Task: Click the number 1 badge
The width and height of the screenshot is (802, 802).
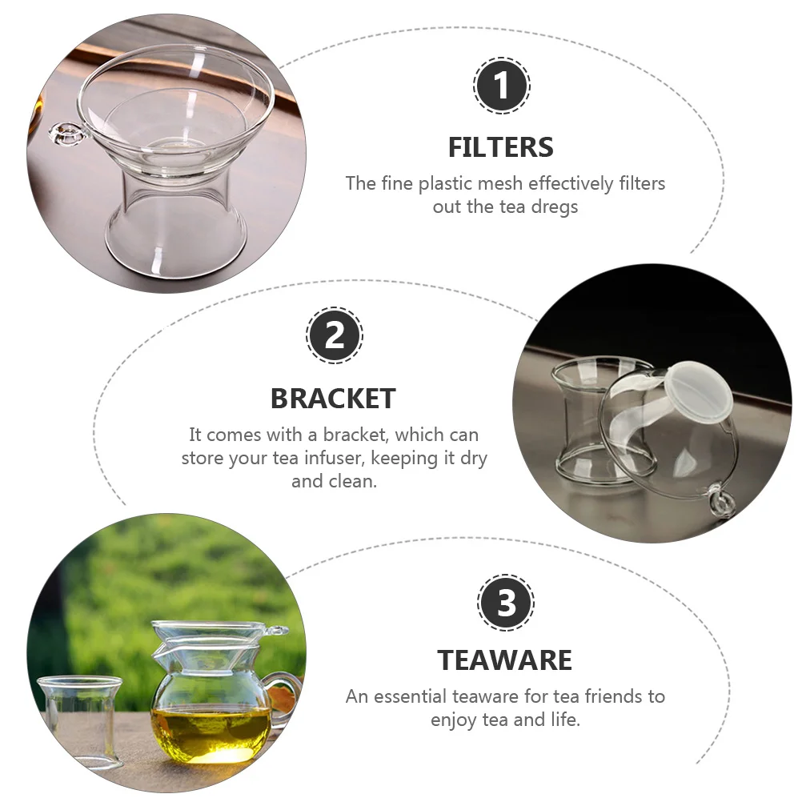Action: click(502, 86)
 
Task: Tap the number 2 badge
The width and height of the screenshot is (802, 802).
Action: click(335, 335)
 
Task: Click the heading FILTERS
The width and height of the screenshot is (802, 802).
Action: click(500, 147)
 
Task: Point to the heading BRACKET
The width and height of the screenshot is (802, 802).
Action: click(333, 398)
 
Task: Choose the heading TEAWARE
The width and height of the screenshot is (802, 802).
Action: click(504, 660)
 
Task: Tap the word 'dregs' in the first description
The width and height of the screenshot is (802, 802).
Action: click(554, 207)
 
